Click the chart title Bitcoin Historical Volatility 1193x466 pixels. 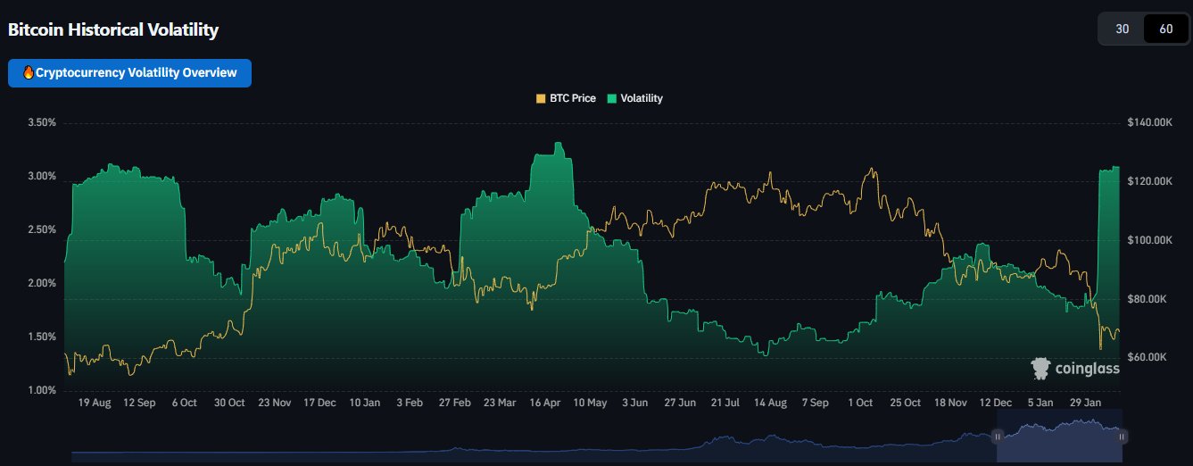coord(113,29)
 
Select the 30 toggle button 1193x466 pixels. coord(1123,29)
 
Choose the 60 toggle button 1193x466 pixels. coord(1165,29)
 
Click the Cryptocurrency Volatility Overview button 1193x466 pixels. coord(129,73)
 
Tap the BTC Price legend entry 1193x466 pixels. coord(566,98)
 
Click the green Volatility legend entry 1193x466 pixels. coord(635,98)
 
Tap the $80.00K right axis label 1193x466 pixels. coord(1149,299)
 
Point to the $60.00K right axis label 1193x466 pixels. coord(1149,357)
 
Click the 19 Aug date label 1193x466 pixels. coord(94,404)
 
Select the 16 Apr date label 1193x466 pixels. coord(545,404)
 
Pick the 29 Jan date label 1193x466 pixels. coord(1086,404)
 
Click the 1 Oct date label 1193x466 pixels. coord(860,404)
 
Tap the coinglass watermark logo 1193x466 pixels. coord(1074,369)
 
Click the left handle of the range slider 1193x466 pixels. coord(998,436)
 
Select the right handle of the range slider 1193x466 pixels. coord(1123,436)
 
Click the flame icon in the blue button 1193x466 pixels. coord(28,73)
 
